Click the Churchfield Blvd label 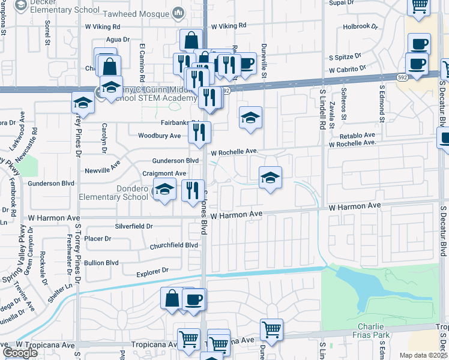(174, 245)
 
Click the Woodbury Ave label (160, 136)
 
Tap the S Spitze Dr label (344, 57)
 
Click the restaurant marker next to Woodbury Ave (199, 132)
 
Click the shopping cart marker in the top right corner (419, 6)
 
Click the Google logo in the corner (20, 353)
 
